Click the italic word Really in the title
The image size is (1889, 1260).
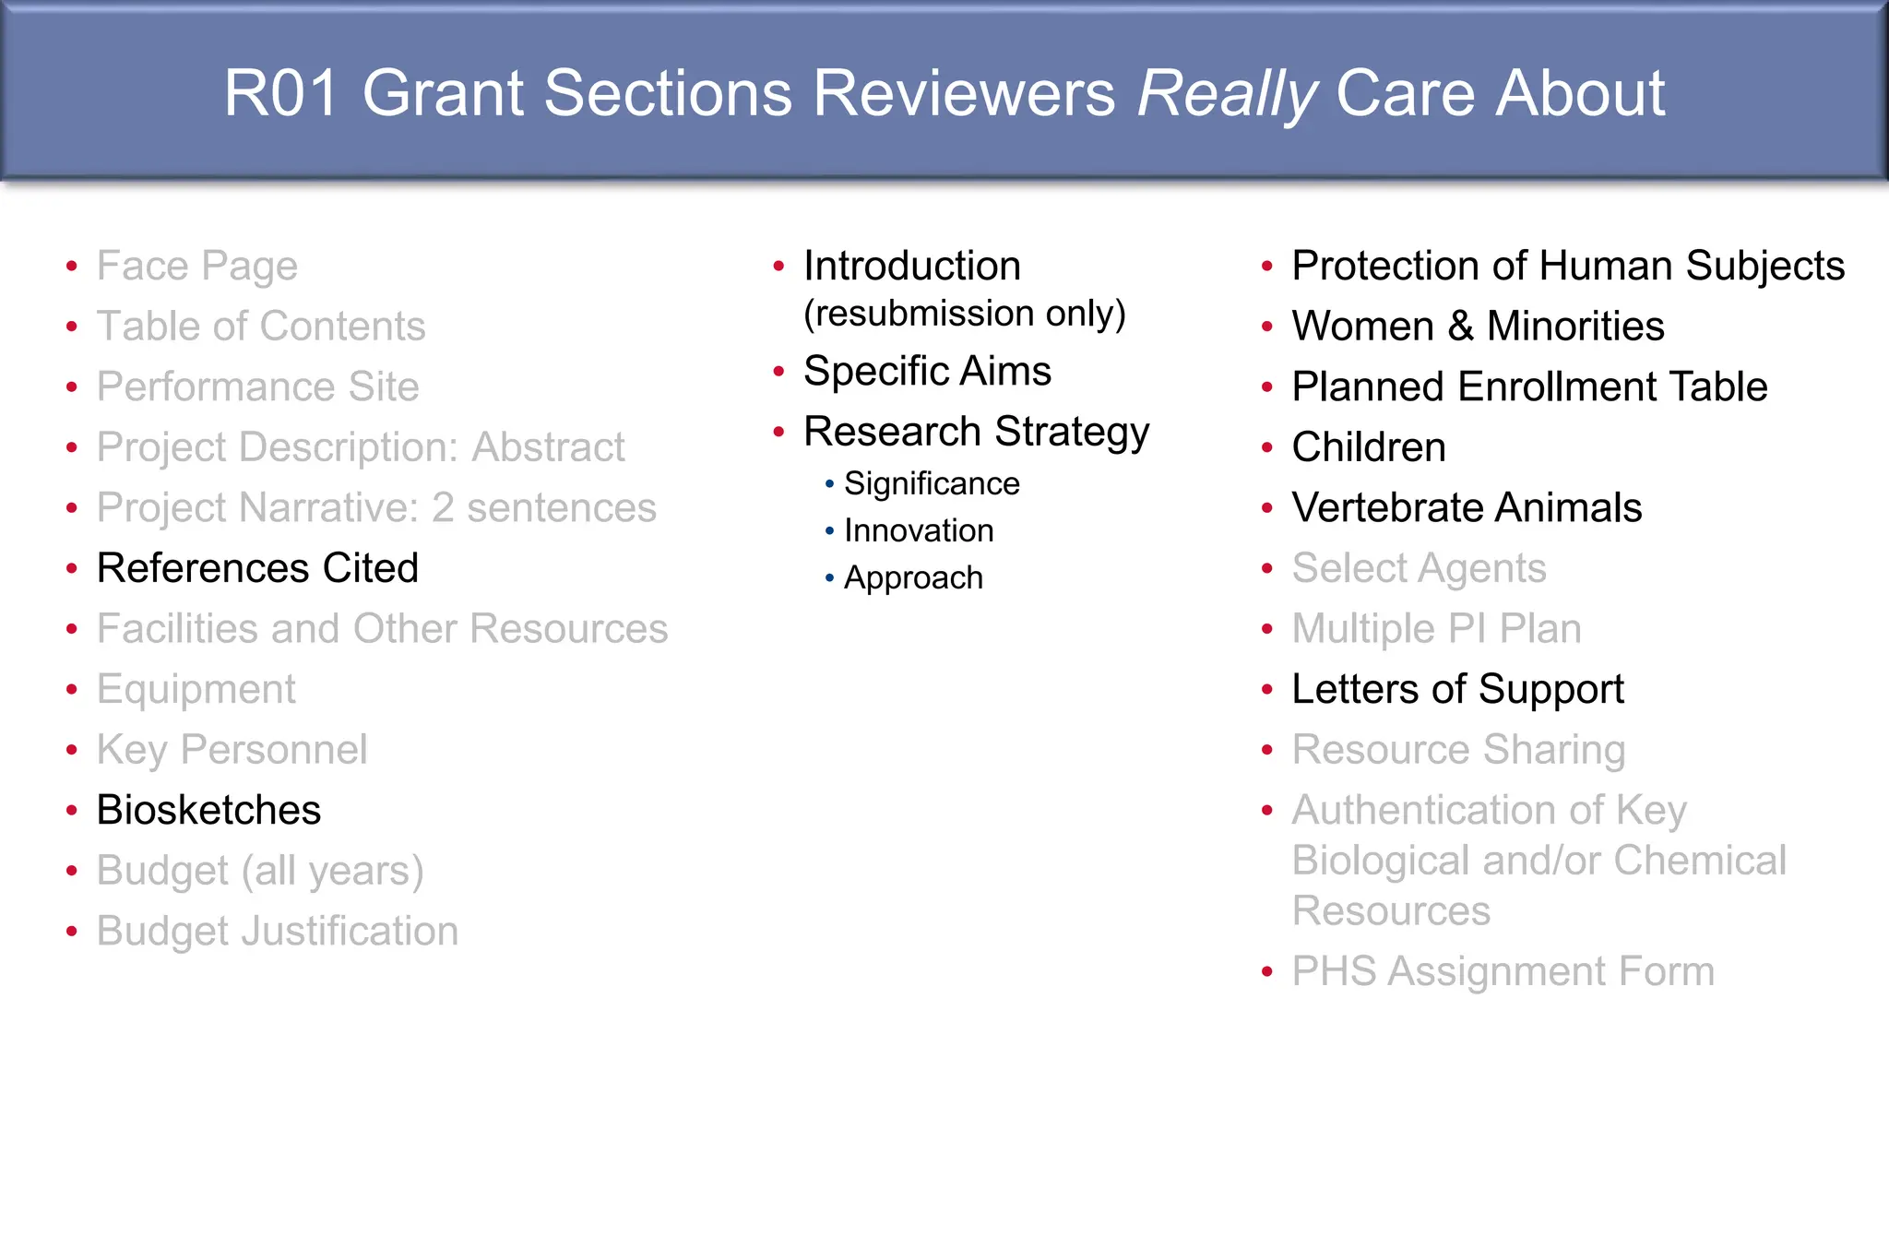point(1227,94)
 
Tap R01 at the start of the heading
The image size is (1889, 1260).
point(281,94)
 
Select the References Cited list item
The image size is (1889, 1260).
point(257,568)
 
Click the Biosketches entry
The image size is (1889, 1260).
point(208,810)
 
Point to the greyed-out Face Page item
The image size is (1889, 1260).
point(196,266)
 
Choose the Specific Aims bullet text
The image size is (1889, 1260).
point(927,371)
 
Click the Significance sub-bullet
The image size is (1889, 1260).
point(932,483)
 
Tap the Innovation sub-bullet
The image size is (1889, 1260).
point(919,530)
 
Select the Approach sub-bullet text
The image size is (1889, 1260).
point(913,577)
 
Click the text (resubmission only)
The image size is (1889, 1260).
point(965,314)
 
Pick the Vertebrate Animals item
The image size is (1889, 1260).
point(1467,507)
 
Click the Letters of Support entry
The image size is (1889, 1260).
point(1457,689)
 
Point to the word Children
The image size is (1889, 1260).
point(1369,447)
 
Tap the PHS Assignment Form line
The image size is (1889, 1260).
point(1503,971)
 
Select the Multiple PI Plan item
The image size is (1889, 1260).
point(1436,629)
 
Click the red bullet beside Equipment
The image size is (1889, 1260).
point(72,690)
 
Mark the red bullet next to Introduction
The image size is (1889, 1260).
point(778,267)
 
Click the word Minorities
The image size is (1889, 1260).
point(1575,327)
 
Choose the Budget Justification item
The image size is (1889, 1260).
point(277,931)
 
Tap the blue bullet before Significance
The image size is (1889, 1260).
point(829,484)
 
